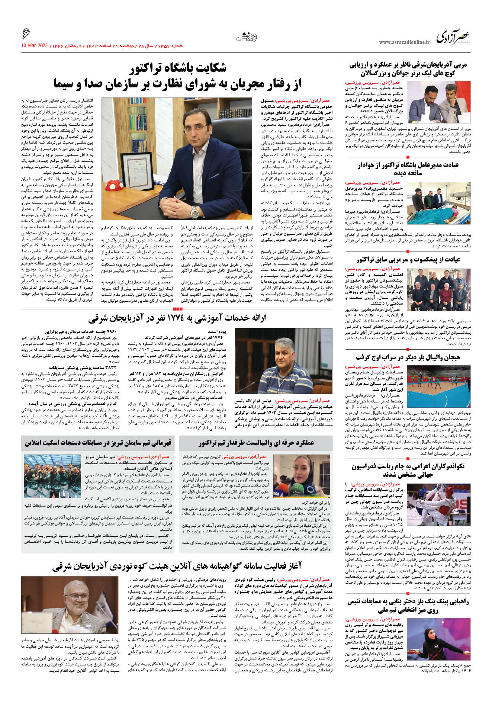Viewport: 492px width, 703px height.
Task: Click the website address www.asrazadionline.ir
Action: [404, 42]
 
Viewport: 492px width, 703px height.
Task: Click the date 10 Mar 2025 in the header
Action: [35, 46]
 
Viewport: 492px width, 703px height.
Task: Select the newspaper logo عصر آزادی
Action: [453, 38]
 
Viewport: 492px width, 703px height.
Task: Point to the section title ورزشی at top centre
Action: [247, 37]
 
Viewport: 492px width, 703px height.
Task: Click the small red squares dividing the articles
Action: [178, 309]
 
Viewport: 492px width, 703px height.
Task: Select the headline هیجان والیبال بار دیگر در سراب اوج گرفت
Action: [408, 357]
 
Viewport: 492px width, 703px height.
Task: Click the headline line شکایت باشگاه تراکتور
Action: [178, 68]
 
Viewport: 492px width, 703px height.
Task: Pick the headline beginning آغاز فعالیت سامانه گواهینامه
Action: [177, 566]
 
